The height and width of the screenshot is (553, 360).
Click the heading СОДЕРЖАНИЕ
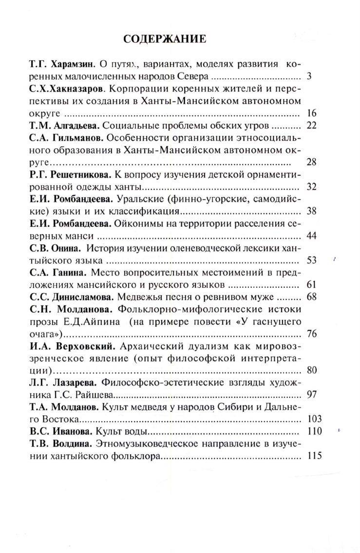point(166,38)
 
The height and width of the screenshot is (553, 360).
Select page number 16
point(312,113)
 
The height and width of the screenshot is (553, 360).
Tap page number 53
point(312,260)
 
